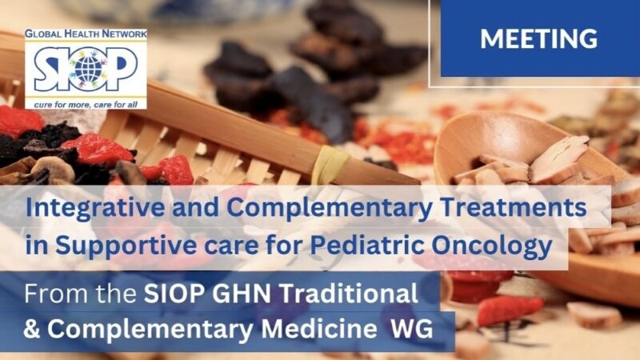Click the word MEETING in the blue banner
(x=538, y=38)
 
